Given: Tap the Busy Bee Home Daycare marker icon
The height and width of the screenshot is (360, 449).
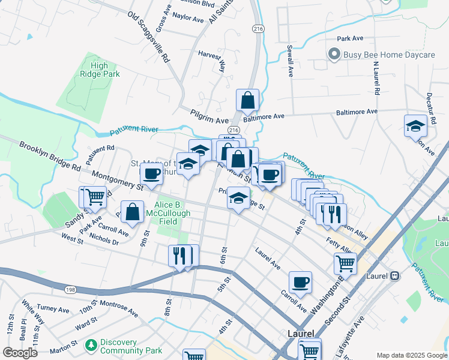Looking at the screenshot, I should coord(334,55).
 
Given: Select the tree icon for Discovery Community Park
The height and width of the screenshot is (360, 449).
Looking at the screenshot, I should coord(91,345).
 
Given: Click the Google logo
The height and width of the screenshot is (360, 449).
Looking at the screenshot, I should coord(20,353).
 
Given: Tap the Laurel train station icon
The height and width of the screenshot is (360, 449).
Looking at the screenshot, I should coord(395,276).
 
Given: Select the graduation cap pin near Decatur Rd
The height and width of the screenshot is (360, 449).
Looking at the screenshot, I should coord(415,126).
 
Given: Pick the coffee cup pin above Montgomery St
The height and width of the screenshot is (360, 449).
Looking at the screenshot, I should coord(151,174).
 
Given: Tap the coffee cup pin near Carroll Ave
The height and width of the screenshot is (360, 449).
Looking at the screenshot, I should coord(300,281).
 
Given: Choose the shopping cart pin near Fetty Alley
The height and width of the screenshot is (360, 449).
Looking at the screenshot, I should coord(345,262).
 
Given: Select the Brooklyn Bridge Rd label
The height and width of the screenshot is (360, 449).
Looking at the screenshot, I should coord(49,156).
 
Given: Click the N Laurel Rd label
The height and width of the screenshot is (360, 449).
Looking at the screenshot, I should coord(376,79).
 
